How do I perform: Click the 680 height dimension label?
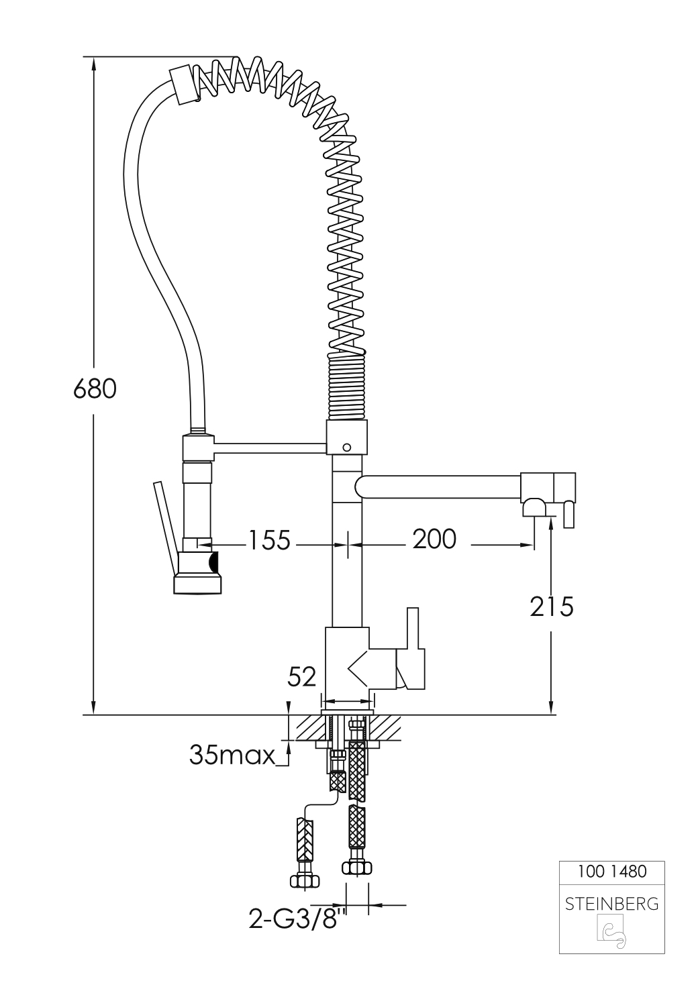(95, 388)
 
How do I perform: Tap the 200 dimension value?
(434, 539)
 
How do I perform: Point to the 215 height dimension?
(552, 607)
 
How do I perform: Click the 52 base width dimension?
(302, 677)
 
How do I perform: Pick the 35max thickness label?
(232, 755)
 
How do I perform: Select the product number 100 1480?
(611, 872)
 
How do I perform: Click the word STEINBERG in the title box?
(611, 904)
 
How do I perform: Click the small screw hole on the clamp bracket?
(346, 446)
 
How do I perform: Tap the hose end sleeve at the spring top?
(184, 85)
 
